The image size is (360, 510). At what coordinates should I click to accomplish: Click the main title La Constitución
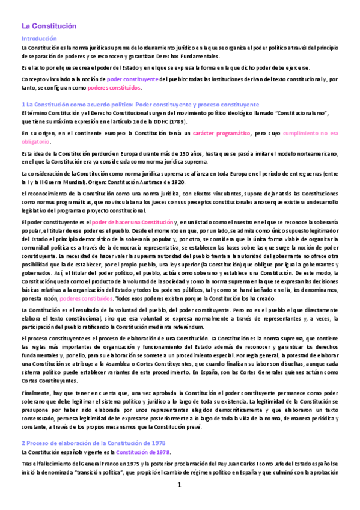tap(50, 26)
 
